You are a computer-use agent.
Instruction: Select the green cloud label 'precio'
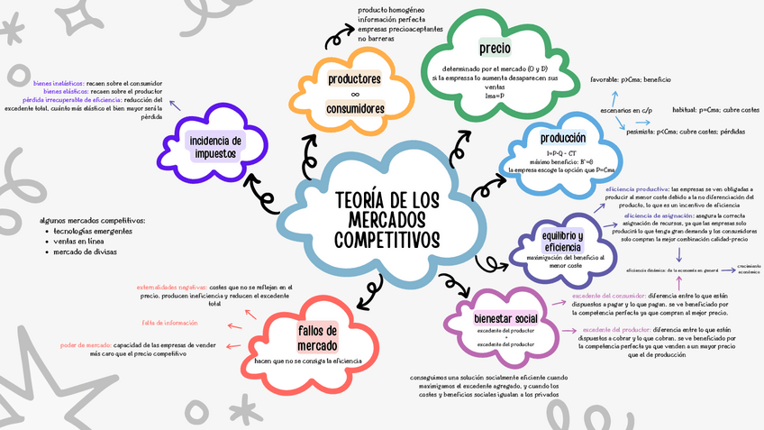496,47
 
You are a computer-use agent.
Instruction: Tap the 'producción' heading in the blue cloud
563,138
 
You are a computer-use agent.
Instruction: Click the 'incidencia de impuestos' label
216,147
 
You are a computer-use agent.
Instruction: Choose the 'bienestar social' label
505,318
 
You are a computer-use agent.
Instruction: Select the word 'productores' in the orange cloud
355,79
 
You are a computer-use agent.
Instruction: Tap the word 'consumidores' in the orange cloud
355,109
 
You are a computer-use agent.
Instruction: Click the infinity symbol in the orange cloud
355,94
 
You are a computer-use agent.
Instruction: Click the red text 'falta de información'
169,323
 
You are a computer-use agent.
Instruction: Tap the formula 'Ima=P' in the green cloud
494,95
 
